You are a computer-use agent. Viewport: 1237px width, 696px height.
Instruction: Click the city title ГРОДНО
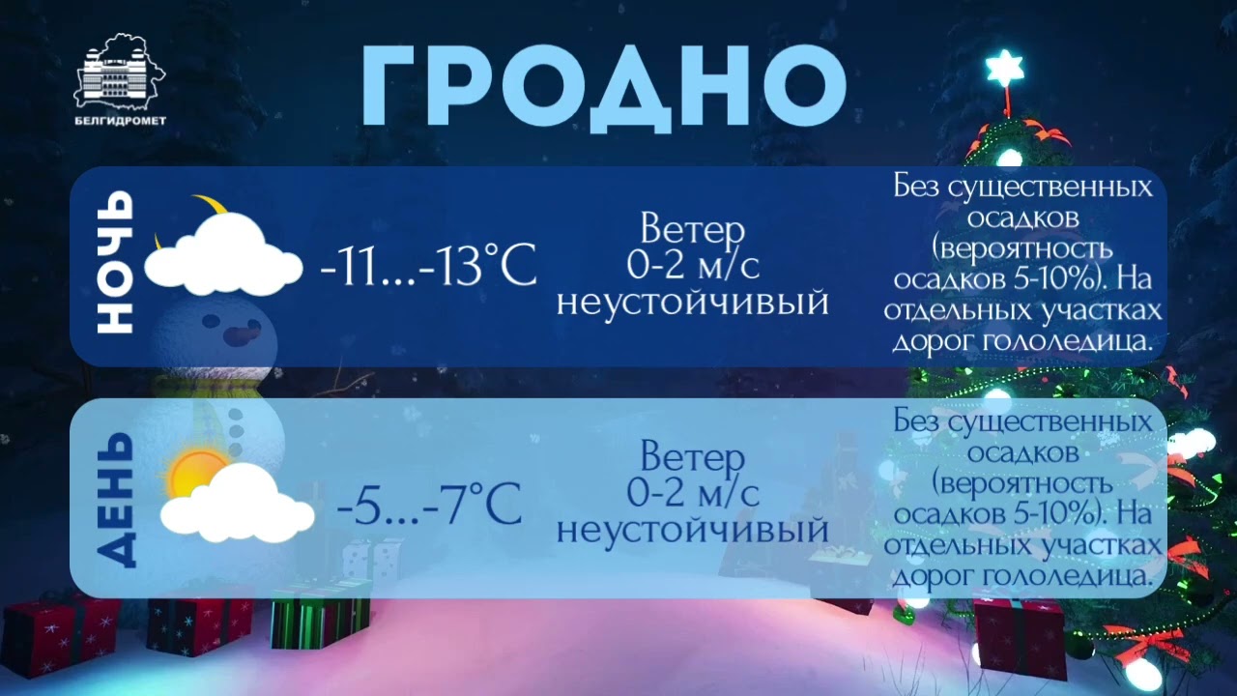[x=604, y=85]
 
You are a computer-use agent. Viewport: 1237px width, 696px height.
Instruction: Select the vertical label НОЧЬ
[x=114, y=263]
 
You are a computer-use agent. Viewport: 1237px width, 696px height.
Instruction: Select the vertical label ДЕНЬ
[x=114, y=498]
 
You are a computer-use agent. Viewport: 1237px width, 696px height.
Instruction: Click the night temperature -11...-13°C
[x=428, y=265]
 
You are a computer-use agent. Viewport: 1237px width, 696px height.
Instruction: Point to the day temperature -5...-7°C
[x=430, y=503]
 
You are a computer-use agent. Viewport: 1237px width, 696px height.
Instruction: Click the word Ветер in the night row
[x=693, y=230]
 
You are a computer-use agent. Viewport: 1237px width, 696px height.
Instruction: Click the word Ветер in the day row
[x=693, y=457]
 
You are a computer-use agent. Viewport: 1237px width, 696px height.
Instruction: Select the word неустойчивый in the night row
[x=693, y=303]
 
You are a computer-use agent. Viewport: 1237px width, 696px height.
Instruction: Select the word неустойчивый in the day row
[x=693, y=530]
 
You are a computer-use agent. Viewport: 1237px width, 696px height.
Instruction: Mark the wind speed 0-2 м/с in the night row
[x=693, y=265]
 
